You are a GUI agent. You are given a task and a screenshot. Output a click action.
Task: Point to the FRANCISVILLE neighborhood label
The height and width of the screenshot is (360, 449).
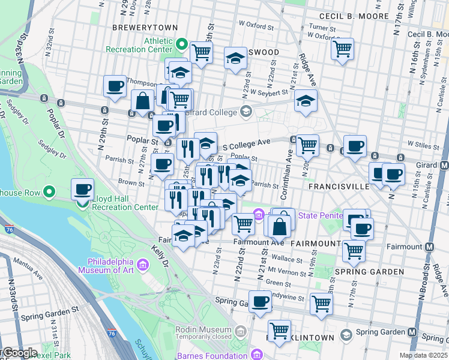[339, 187]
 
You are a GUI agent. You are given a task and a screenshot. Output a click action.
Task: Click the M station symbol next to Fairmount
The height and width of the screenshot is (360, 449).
[430, 247]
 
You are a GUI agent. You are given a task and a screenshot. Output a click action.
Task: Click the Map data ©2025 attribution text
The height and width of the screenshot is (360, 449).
[423, 355]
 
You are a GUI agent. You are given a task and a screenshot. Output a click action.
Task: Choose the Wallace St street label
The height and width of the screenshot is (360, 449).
[285, 260]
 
